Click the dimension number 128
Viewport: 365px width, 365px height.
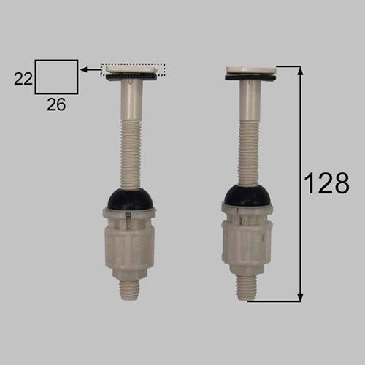click(x=327, y=183)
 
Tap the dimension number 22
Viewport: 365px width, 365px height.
click(x=23, y=79)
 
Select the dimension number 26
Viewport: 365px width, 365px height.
click(x=56, y=105)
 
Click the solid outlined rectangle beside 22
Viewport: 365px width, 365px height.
click(x=35, y=77)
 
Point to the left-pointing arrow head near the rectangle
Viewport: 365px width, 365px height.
click(x=84, y=70)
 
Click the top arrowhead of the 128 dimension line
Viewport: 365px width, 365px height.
click(x=301, y=71)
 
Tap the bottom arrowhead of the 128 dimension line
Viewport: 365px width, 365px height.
click(x=301, y=297)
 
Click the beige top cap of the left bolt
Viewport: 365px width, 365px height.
click(x=131, y=71)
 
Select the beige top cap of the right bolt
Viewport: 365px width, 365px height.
click(x=251, y=70)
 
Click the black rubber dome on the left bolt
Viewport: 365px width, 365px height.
click(x=131, y=199)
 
